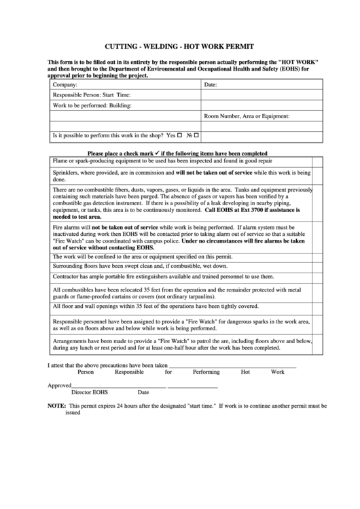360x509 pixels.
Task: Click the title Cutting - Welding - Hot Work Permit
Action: click(179, 47)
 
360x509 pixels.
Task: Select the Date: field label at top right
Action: click(211, 85)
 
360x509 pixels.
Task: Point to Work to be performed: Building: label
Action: click(92, 106)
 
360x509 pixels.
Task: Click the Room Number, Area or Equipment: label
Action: click(247, 116)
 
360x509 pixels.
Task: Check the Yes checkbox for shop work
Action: click(180, 135)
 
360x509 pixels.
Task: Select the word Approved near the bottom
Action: click(59, 385)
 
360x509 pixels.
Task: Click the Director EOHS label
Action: click(90, 392)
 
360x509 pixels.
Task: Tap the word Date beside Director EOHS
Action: click(143, 392)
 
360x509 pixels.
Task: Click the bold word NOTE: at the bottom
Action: click(56, 405)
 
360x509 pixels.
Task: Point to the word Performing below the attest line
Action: click(206, 372)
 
